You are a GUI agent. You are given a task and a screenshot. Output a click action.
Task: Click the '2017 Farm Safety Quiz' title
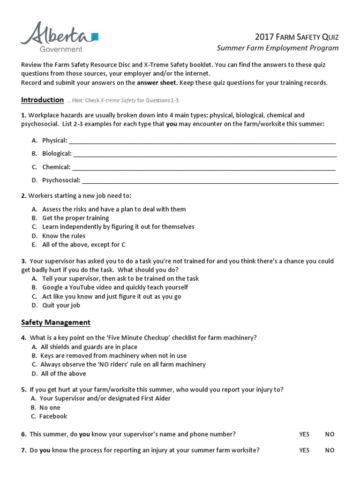297,37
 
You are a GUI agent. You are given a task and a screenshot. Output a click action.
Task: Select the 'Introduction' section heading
42,100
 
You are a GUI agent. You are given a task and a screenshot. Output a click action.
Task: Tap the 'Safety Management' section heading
56,322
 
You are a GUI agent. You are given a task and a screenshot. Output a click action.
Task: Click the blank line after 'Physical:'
202,141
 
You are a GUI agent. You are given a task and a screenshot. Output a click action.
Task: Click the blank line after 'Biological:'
205,154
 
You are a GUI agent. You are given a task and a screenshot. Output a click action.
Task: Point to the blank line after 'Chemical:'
203,167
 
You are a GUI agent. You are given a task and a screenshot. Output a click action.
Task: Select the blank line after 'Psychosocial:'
210,180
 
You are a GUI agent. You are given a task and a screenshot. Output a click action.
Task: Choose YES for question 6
304,434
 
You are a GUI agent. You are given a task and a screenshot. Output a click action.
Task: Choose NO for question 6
330,434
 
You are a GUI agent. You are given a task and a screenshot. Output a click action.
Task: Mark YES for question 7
304,450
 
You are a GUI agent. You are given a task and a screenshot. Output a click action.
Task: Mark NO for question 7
330,450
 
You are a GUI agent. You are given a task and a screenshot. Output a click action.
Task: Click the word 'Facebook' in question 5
53,416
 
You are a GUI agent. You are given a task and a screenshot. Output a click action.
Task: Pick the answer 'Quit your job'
61,305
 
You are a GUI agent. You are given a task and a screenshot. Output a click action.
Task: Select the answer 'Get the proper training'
75,218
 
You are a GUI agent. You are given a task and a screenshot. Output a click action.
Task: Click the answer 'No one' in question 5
50,407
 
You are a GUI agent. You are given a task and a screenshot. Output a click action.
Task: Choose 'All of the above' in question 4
63,374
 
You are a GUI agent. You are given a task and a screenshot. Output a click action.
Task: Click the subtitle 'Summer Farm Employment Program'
277,48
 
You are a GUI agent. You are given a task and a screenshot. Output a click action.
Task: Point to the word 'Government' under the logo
62,49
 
